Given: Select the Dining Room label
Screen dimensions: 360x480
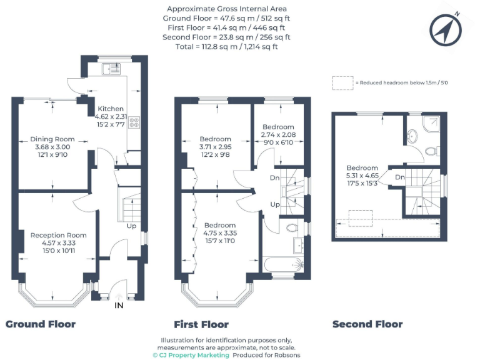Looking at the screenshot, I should [x=52, y=139].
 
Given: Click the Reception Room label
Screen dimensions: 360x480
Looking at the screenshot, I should [x=58, y=235].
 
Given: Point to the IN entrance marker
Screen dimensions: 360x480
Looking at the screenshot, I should [x=119, y=305].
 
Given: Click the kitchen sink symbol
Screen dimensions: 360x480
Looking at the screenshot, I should [x=112, y=68].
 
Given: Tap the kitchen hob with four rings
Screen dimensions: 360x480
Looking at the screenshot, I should [x=134, y=122].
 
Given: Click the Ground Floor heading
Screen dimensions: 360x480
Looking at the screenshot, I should [x=41, y=324].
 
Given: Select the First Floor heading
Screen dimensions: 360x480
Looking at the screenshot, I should [x=201, y=324].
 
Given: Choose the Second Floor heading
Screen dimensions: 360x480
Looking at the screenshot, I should [x=367, y=324].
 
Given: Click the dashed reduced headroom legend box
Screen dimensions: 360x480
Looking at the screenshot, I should [x=342, y=82].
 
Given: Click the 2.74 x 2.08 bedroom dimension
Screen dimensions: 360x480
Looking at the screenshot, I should [x=278, y=134].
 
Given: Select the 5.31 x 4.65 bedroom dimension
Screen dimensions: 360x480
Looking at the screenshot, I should [x=362, y=176].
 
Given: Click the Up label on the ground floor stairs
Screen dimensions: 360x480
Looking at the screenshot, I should [x=132, y=226].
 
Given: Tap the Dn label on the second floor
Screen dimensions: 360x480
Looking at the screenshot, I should [x=399, y=177].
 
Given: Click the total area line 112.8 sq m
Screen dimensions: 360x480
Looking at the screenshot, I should [x=227, y=46].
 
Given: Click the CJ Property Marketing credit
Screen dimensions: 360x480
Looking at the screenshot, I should [x=191, y=355].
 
